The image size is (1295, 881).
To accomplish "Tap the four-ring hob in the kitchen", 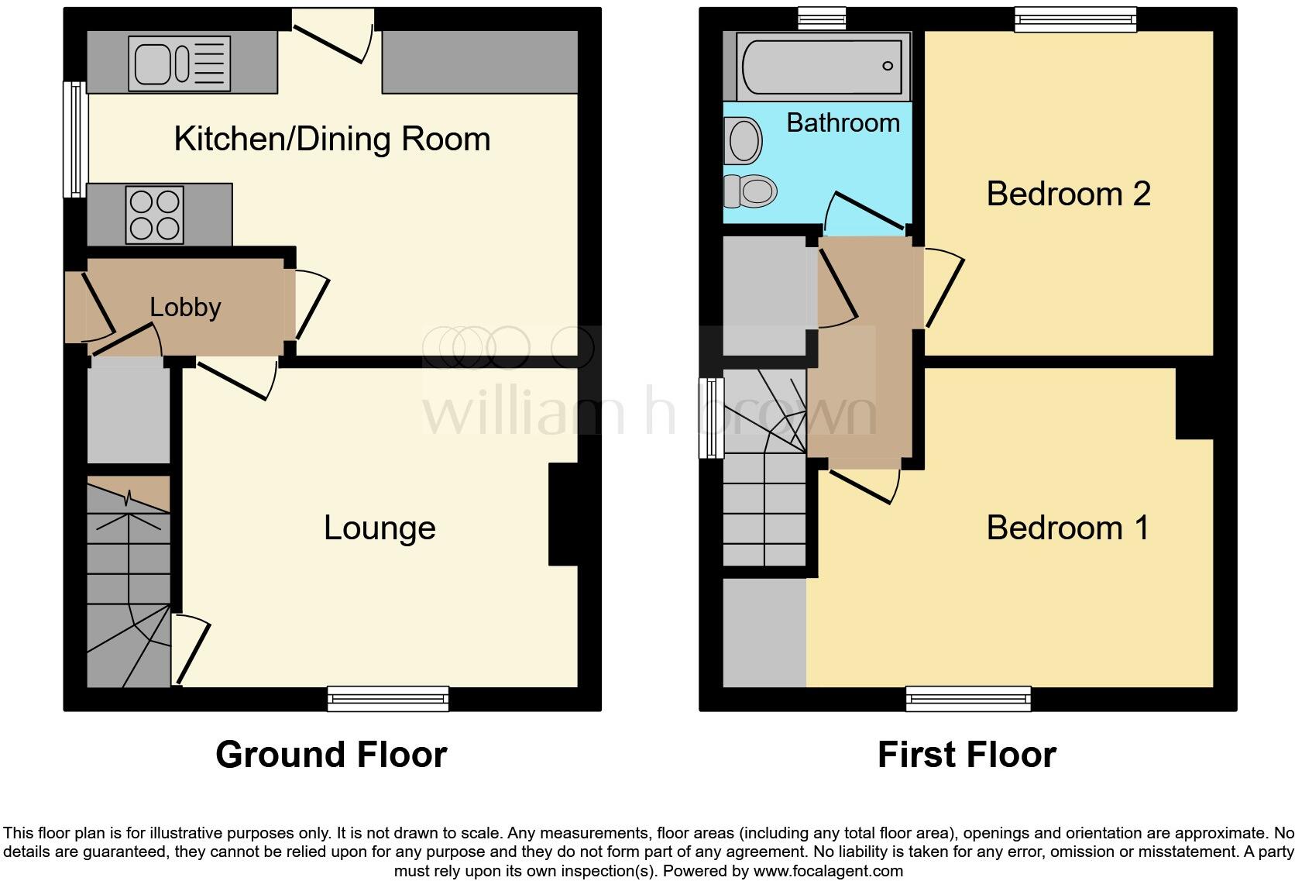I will [156, 215].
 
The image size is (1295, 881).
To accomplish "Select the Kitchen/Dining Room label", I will [332, 139].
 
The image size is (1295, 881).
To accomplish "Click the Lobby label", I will [185, 308].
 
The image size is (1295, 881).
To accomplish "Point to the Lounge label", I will [380, 528].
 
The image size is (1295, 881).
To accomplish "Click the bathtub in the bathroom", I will [822, 67].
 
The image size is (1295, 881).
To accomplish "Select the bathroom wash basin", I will [744, 140].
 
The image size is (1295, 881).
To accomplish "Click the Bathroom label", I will [843, 123].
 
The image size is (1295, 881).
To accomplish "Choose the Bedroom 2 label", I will [1068, 194].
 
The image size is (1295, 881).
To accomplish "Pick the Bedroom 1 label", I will [1067, 528].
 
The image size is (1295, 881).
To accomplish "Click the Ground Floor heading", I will [331, 755].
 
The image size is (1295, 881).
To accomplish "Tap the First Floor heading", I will [967, 755].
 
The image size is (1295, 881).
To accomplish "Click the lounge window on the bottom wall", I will [388, 699].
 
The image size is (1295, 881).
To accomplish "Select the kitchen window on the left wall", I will [75, 139].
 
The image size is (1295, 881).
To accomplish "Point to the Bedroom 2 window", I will [1075, 19].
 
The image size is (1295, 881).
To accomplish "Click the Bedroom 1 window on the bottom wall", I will [968, 699].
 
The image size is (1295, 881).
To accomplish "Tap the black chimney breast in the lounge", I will [564, 514].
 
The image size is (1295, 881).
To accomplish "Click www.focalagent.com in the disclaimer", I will [827, 871].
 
